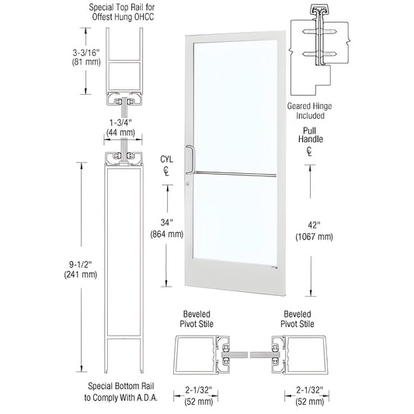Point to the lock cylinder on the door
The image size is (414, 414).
[x=187, y=184]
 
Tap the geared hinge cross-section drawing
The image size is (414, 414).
[x=318, y=47]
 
